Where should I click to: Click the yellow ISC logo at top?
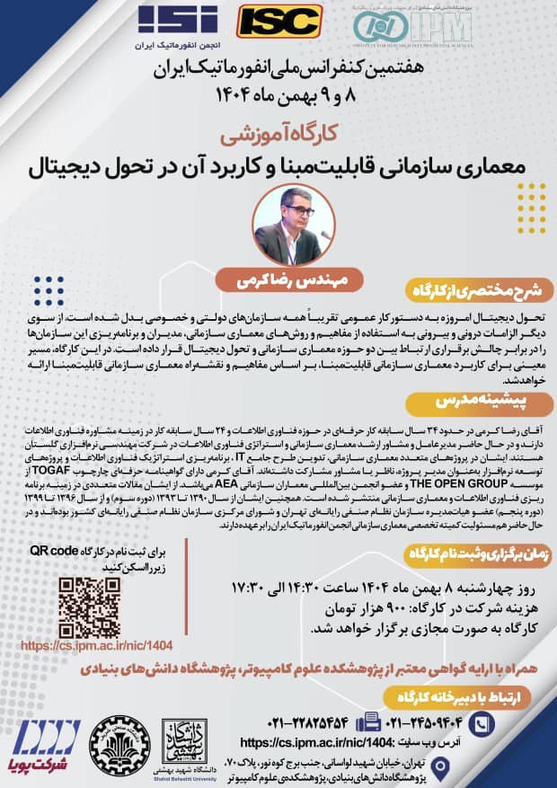279,21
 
